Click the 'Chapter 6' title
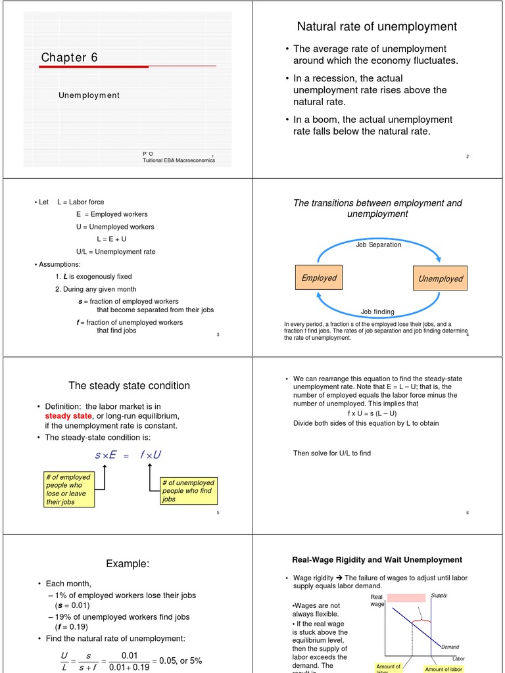pos(69,58)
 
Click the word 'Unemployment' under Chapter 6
pos(89,95)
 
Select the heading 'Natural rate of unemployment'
pos(377,27)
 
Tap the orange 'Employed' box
pos(319,278)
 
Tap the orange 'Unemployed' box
pos(440,279)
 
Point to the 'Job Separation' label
pos(378,244)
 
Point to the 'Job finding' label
pos(377,312)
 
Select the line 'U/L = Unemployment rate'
pos(116,252)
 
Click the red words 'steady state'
pos(68,416)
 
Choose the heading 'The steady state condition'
pos(129,386)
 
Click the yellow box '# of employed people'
pos(68,490)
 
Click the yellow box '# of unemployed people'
pos(188,491)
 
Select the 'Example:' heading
pos(128,564)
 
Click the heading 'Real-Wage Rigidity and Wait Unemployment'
pos(377,560)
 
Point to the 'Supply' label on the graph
pos(439,595)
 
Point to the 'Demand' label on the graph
pos(450,647)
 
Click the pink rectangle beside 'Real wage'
pos(406,598)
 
